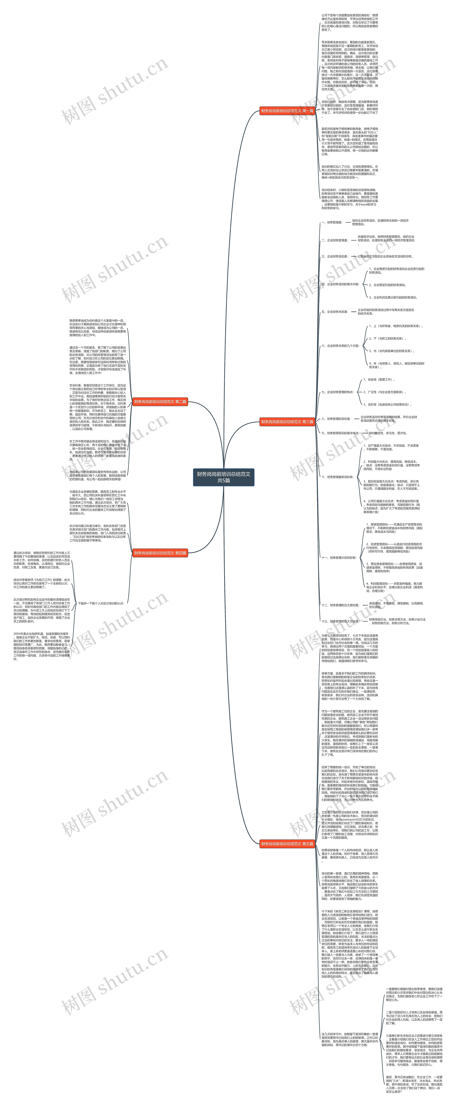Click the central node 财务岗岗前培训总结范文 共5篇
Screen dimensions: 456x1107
click(x=224, y=477)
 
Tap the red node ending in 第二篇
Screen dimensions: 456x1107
click(x=160, y=402)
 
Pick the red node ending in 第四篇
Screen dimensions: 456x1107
click(x=160, y=553)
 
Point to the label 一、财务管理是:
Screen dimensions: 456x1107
click(x=332, y=223)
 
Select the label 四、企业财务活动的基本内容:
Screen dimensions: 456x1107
click(x=340, y=284)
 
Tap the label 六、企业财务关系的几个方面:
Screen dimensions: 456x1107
click(x=340, y=345)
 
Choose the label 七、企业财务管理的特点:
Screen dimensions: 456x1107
click(x=337, y=392)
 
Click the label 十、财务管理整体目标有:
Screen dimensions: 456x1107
click(x=337, y=477)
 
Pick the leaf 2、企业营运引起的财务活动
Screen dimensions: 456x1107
click(x=387, y=285)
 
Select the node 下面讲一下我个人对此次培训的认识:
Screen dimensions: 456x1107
click(x=101, y=603)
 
